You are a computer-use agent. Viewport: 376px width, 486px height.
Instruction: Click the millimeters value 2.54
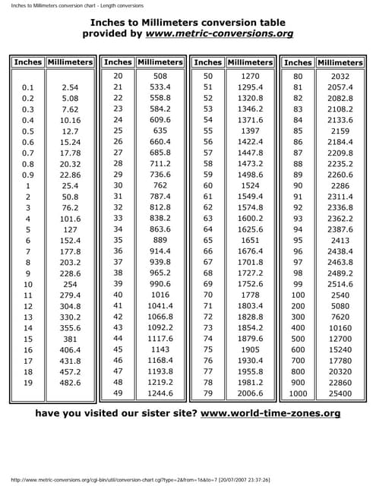[x=70, y=88]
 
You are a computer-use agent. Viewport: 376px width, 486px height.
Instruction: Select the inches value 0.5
[x=28, y=131]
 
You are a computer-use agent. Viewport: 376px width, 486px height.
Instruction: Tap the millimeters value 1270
[x=250, y=76]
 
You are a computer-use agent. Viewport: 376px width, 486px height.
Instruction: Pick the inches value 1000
[x=298, y=393]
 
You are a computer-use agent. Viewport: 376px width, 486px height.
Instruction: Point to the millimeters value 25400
[x=340, y=393]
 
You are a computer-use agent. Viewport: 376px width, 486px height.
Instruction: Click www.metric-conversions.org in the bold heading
[x=231, y=34]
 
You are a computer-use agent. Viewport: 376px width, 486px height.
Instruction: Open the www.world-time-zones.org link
[x=270, y=414]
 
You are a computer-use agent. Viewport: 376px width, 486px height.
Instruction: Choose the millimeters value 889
[x=160, y=239]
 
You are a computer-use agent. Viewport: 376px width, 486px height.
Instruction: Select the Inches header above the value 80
[x=298, y=62]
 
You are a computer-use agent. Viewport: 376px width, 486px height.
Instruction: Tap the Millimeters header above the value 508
[x=160, y=62]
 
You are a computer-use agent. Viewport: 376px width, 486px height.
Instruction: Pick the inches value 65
[x=208, y=239]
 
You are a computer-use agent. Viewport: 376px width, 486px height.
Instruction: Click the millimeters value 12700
[x=340, y=339]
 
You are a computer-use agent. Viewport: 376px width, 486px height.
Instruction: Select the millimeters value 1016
[x=160, y=295]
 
